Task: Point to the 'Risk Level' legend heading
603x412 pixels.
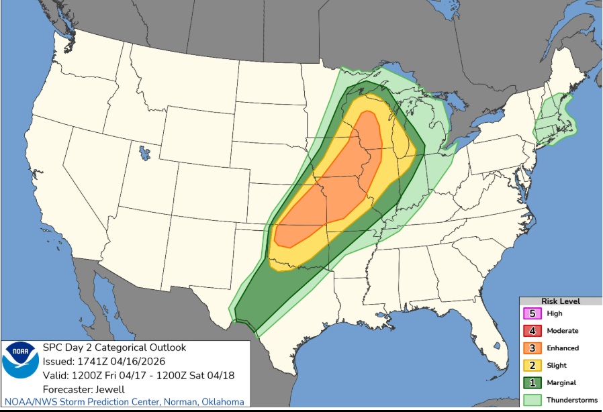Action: pos(561,301)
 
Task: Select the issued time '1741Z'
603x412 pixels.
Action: pos(89,361)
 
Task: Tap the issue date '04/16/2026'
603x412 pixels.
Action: pos(132,361)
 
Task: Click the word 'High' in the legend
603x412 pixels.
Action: pos(555,313)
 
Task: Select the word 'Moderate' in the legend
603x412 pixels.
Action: pos(562,331)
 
